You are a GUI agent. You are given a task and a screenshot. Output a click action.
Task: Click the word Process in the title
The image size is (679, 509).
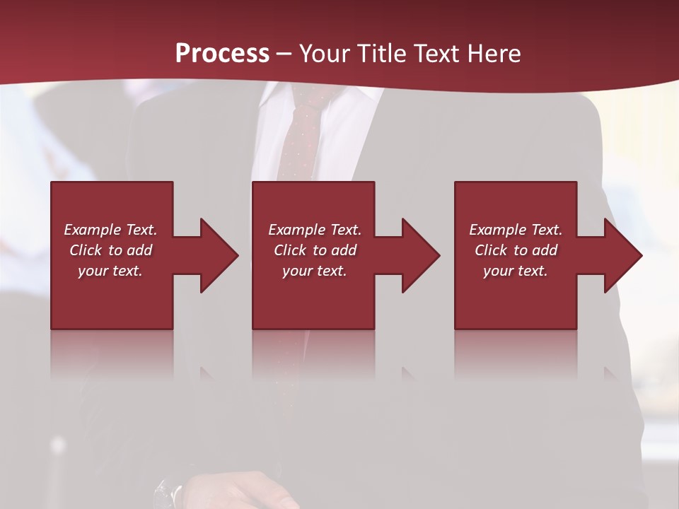tap(222, 54)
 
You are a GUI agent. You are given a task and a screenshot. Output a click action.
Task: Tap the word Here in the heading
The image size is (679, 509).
tap(493, 54)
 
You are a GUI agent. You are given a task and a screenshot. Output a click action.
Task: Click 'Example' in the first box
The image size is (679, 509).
tap(92, 230)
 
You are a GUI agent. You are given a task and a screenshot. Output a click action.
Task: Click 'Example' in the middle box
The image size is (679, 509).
tap(296, 230)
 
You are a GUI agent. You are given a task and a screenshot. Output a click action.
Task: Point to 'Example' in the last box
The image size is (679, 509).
tap(497, 230)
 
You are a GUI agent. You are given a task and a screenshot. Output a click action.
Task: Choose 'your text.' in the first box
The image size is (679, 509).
tap(110, 271)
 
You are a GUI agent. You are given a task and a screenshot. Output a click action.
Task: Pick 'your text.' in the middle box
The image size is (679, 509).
tap(314, 271)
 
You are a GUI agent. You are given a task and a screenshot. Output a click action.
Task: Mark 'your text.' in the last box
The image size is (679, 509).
tap(516, 271)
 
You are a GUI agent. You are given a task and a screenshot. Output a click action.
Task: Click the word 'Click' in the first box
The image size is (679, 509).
tap(86, 250)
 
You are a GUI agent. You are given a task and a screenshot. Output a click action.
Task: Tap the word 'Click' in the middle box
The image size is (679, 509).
tap(290, 250)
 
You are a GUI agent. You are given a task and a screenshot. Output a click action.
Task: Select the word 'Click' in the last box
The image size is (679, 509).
tap(491, 250)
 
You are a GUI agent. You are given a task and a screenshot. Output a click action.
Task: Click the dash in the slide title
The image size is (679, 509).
tap(284, 54)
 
